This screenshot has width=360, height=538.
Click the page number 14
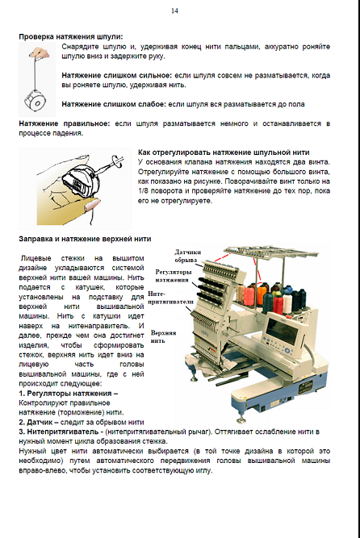point(174,11)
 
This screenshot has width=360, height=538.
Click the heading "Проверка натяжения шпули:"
point(71,37)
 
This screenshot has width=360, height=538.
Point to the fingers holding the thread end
point(40,53)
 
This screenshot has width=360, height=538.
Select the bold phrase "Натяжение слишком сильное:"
point(117,76)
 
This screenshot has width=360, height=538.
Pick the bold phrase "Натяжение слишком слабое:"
point(114,104)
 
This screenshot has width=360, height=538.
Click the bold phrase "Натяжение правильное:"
point(65,123)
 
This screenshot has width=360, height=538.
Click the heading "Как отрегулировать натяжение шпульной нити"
point(224,152)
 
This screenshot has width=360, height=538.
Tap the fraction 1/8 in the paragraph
point(144,191)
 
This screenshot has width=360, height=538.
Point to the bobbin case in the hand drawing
point(82,180)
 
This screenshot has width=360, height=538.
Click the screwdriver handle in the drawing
point(117,161)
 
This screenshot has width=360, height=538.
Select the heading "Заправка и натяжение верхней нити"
point(85,239)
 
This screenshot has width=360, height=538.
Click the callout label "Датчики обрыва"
point(187,256)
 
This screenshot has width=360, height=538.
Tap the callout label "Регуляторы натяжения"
point(173,276)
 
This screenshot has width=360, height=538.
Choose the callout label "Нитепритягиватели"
point(171,298)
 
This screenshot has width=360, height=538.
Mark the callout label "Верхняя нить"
point(163,336)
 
